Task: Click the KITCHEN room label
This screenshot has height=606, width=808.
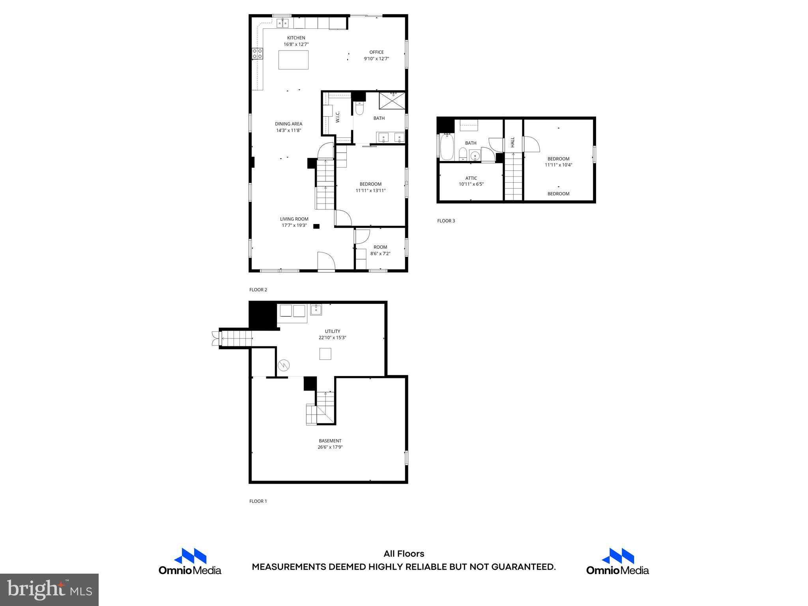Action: click(296, 38)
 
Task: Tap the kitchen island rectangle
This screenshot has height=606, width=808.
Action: click(293, 60)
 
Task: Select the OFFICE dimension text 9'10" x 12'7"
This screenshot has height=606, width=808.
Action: click(376, 59)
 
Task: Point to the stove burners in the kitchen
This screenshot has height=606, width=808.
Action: click(258, 54)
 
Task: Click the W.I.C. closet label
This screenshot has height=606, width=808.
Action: click(338, 117)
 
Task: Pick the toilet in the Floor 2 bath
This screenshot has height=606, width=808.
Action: click(359, 108)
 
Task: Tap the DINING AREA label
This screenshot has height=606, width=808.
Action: click(288, 124)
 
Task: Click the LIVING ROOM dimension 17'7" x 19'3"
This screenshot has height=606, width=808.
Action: click(294, 226)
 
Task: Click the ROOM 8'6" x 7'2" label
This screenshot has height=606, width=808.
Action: click(380, 250)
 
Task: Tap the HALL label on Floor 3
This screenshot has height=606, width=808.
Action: click(512, 142)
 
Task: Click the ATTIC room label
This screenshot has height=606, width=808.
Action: click(471, 178)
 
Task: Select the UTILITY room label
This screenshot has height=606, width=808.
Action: click(332, 331)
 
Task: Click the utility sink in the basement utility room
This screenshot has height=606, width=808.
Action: click(316, 310)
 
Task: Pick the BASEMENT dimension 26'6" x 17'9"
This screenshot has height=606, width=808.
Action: click(330, 447)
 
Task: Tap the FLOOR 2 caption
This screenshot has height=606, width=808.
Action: click(258, 290)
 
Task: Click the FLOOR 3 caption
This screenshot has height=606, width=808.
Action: click(446, 221)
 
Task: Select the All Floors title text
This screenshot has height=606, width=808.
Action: click(404, 554)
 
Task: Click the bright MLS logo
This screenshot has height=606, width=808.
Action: click(49, 589)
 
